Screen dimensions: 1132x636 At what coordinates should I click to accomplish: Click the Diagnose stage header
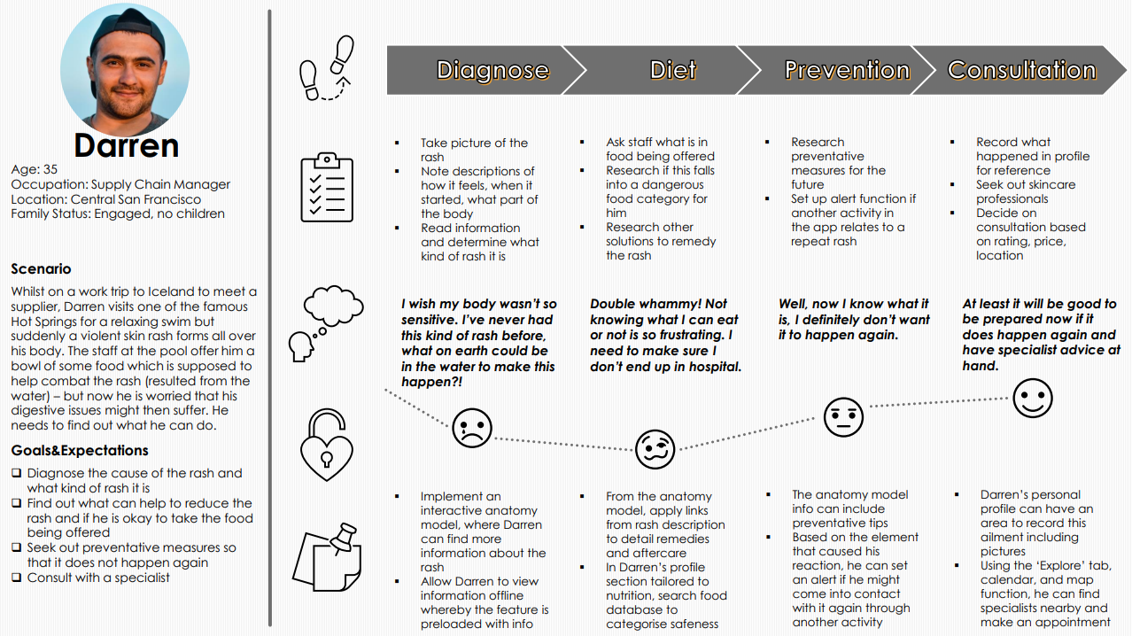click(x=492, y=70)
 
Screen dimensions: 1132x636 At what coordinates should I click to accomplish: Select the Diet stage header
click(x=673, y=70)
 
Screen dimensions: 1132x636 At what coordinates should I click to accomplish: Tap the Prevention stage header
click(x=847, y=70)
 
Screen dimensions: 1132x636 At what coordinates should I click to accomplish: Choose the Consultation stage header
click(x=1021, y=70)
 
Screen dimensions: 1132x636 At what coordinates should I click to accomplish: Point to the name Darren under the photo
click(x=126, y=145)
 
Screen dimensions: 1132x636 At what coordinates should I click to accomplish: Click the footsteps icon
click(x=327, y=69)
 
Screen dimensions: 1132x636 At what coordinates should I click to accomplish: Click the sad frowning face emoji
click(x=471, y=428)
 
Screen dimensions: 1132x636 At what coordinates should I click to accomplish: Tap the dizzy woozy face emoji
click(x=655, y=449)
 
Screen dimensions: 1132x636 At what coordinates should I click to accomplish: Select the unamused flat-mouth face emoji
click(x=842, y=416)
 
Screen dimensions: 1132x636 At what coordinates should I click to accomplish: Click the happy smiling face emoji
click(x=1031, y=398)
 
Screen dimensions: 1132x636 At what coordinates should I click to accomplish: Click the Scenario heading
click(x=41, y=269)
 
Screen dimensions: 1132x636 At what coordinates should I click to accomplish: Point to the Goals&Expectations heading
click(x=80, y=450)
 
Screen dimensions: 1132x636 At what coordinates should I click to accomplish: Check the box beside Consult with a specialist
click(x=17, y=578)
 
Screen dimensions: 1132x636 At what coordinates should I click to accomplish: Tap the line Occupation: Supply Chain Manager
click(x=120, y=184)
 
